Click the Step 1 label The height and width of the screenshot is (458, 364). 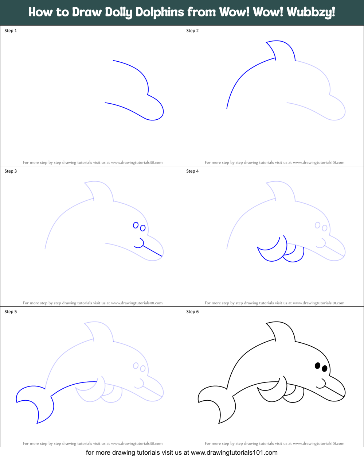[x=11, y=31]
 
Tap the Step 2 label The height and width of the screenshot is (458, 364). [x=192, y=31]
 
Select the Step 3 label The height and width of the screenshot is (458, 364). [x=11, y=171]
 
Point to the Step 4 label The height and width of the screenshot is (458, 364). [x=192, y=171]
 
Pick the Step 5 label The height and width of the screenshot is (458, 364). [x=11, y=312]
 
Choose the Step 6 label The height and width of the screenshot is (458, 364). [x=192, y=312]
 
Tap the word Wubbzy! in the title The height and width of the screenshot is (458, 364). [x=311, y=12]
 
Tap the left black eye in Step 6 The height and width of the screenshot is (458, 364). [x=317, y=365]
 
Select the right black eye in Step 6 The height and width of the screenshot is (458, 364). [x=324, y=369]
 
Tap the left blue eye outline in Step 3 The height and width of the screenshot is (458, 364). [x=136, y=225]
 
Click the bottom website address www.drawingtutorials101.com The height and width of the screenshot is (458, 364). [x=234, y=453]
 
